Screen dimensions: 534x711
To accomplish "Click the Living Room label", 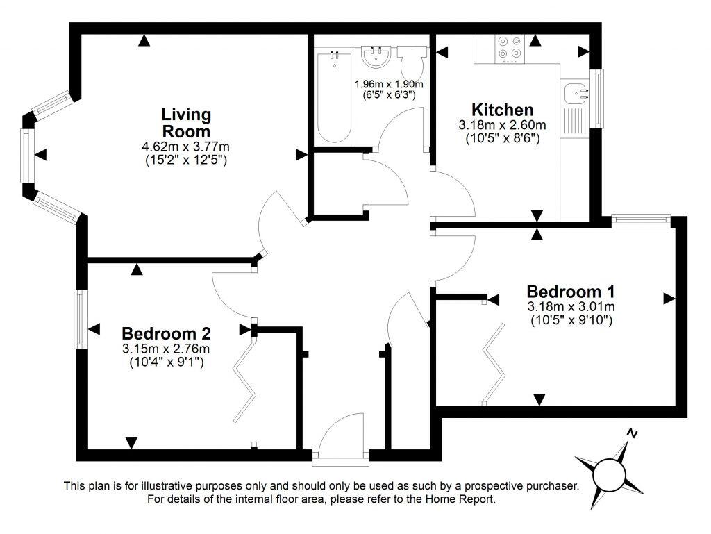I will coord(186,122).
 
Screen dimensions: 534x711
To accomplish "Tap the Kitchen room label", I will coord(503,110).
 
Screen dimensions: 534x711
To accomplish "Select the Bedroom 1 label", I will coord(571,291).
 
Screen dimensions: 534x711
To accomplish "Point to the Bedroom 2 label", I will coord(166,333).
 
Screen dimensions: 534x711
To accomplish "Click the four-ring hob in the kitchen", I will coord(509,47).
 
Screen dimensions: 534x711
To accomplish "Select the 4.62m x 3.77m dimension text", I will coord(186,147).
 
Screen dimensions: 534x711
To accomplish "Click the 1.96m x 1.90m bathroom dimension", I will coord(385,83).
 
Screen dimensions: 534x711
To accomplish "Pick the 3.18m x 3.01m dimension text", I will coord(571,306).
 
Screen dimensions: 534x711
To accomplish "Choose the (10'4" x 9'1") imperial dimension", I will coord(166,362).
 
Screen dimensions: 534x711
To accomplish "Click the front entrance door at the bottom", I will coord(340,437).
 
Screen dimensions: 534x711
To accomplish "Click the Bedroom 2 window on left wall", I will coord(81,319).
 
